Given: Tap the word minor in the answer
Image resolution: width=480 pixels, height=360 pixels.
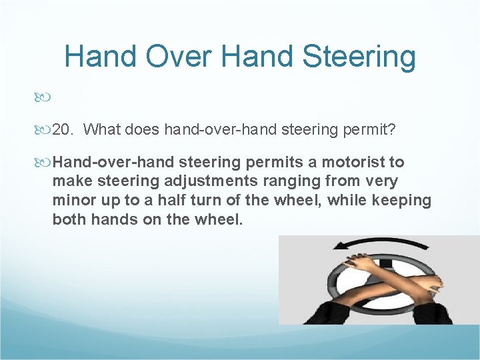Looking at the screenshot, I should pos(73,200).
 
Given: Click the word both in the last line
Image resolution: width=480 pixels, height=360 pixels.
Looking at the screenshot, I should pos(69,219).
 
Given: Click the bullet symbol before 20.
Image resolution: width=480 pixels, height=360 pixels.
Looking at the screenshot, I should pos(45,129).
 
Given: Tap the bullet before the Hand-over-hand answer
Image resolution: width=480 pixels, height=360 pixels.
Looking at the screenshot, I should pos(45,162).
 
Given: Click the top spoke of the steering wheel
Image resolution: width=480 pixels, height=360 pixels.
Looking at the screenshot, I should pos(385,264).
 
